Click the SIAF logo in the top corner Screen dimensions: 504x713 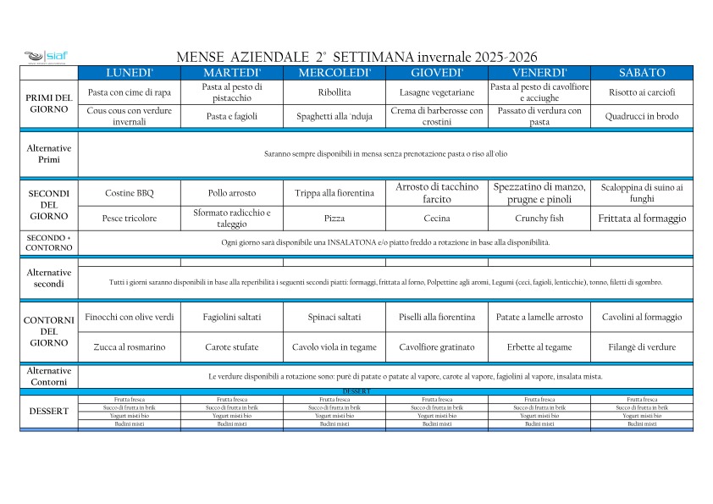tap(46, 57)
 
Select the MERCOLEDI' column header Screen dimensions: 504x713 tap(334, 73)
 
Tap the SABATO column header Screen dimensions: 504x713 tap(642, 73)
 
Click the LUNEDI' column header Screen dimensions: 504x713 tap(130, 73)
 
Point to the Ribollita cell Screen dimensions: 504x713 tap(334, 92)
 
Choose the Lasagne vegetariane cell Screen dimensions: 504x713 tap(437, 92)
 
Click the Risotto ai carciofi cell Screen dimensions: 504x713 tap(642, 92)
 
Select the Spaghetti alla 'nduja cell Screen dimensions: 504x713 tap(334, 116)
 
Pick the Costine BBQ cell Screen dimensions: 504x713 tap(130, 193)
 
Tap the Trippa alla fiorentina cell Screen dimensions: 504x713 tap(334, 193)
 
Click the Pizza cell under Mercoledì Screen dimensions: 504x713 tap(334, 219)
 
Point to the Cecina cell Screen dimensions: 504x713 tap(437, 219)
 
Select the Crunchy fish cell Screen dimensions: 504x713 tap(539, 219)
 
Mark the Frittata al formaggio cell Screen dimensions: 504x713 tap(642, 219)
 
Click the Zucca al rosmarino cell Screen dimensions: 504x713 tap(130, 347)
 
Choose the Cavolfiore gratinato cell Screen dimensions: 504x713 tap(437, 347)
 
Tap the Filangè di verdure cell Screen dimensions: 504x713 tap(642, 347)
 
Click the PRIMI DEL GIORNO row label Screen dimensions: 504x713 tap(49, 104)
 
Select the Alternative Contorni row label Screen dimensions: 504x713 tap(49, 376)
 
